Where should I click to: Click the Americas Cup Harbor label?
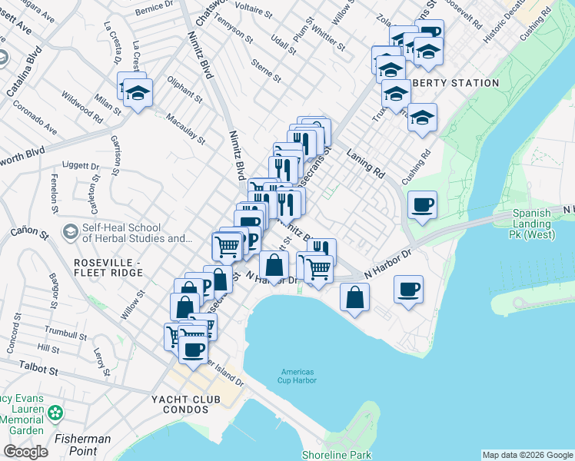[297, 376]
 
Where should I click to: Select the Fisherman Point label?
[82, 439]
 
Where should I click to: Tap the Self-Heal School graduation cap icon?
[70, 231]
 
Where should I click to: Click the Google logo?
[25, 452]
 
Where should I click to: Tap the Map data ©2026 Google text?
[527, 455]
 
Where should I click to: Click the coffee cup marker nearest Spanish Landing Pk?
[422, 206]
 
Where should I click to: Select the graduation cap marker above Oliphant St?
[138, 93]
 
